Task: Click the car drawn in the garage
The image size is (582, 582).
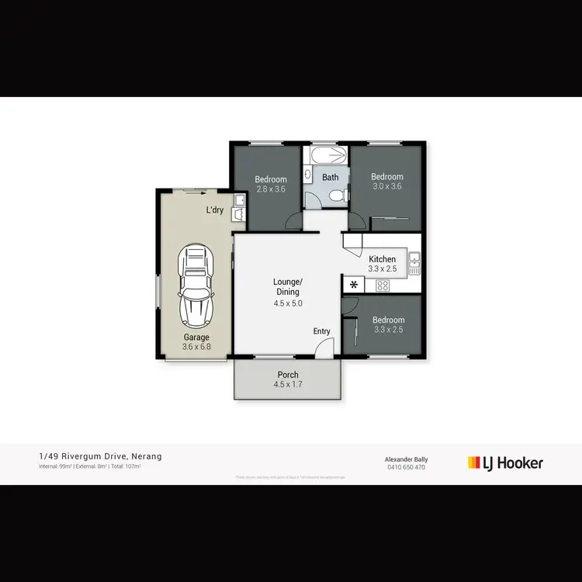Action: [x=196, y=286]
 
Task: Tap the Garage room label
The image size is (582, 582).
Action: [x=196, y=337]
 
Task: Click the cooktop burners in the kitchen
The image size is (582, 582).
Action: [x=382, y=286]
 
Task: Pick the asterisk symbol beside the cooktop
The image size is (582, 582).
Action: [x=354, y=285]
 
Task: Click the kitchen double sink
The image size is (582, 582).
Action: [x=415, y=263]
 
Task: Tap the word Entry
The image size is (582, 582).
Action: [x=322, y=331]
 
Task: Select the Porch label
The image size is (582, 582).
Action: [x=288, y=375]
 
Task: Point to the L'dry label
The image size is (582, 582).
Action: [x=215, y=210]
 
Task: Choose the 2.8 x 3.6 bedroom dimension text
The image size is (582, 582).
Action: [x=271, y=189]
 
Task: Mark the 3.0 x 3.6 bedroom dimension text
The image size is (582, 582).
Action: [x=387, y=186]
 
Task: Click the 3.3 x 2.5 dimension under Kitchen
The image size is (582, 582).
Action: [x=382, y=268]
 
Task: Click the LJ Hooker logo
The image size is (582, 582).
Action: [x=505, y=463]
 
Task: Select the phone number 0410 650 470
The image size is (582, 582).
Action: [x=407, y=467]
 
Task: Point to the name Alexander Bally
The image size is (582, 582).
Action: [x=407, y=459]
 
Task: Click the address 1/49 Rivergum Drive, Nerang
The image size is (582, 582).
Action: [x=100, y=456]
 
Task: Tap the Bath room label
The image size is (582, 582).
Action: [x=331, y=177]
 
